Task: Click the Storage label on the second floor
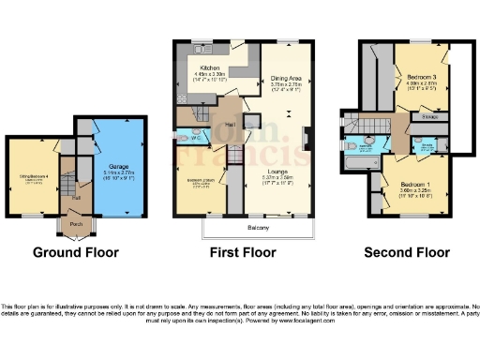tap(430, 117)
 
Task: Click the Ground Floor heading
tap(74, 252)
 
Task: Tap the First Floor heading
tap(243, 252)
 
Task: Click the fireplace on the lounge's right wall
tap(307, 137)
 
